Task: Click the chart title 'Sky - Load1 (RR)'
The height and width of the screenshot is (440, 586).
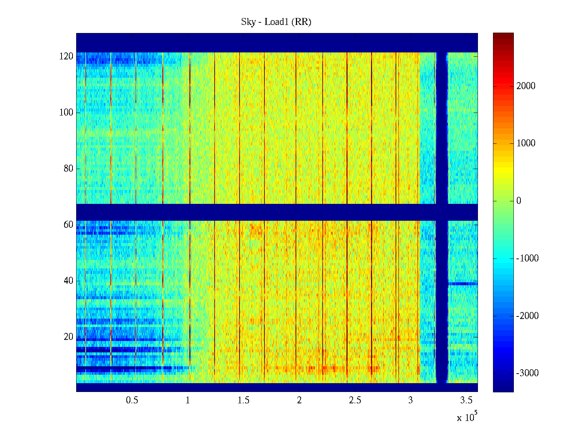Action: click(276, 22)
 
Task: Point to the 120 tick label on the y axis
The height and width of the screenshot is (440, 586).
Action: click(66, 56)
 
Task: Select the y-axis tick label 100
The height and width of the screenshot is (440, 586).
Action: click(66, 113)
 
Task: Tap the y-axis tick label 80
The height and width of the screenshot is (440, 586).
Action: click(68, 169)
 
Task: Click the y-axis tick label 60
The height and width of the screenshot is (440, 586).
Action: click(68, 225)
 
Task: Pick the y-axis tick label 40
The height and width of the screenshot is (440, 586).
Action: click(68, 281)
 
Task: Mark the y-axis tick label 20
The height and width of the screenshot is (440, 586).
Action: click(68, 337)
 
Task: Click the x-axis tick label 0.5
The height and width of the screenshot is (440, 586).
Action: click(132, 400)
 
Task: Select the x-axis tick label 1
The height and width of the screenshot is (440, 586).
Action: click(188, 400)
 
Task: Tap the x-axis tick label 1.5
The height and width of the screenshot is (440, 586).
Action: click(244, 400)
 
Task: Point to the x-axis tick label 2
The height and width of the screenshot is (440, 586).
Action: click(299, 400)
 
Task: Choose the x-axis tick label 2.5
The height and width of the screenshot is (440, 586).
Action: click(355, 400)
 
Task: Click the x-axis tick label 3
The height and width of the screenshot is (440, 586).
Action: click(411, 400)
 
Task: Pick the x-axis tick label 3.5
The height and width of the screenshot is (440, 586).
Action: click(466, 400)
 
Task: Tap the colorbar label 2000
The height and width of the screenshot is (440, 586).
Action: click(526, 86)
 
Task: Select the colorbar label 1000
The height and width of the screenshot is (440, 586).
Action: click(526, 143)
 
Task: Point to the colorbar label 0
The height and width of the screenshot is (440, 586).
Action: click(519, 201)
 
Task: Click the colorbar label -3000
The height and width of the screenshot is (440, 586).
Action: click(527, 373)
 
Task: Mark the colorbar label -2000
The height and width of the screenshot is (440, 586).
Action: click(527, 316)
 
